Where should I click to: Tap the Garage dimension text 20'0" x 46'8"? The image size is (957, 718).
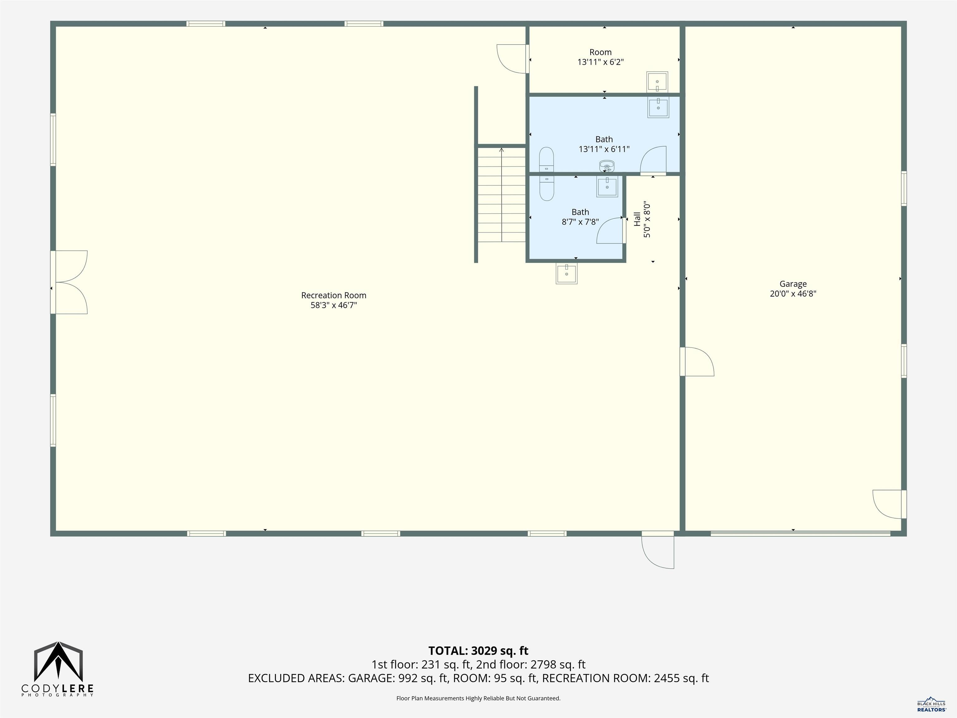[x=793, y=294]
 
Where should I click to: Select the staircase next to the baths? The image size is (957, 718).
[x=502, y=194]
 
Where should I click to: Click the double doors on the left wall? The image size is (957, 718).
[x=69, y=282]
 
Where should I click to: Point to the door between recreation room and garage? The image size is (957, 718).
[x=697, y=361]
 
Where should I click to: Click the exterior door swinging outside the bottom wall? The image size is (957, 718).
[x=658, y=550]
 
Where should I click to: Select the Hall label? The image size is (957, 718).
[x=637, y=219]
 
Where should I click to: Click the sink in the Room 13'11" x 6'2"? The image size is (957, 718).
[x=657, y=82]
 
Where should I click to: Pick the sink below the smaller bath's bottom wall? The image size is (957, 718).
[x=566, y=274]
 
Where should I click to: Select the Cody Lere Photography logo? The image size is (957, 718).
[x=58, y=669]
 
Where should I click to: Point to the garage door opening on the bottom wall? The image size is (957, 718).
[x=800, y=534]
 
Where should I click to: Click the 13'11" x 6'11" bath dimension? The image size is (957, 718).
[x=604, y=149]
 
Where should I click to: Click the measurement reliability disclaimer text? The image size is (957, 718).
[x=478, y=698]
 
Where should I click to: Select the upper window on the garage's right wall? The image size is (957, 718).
[x=904, y=188]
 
